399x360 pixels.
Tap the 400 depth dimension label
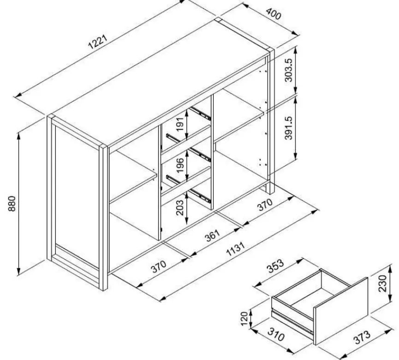tap(274, 15)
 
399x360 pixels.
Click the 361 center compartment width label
tap(211, 235)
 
